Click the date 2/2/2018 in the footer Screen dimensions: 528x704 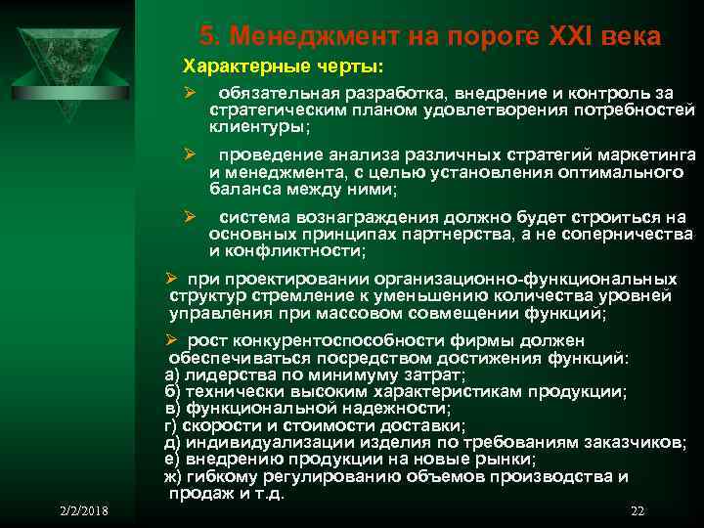[x=83, y=511]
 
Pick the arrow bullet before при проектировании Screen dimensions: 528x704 [x=170, y=279]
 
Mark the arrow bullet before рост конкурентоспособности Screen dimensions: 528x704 [x=170, y=340]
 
